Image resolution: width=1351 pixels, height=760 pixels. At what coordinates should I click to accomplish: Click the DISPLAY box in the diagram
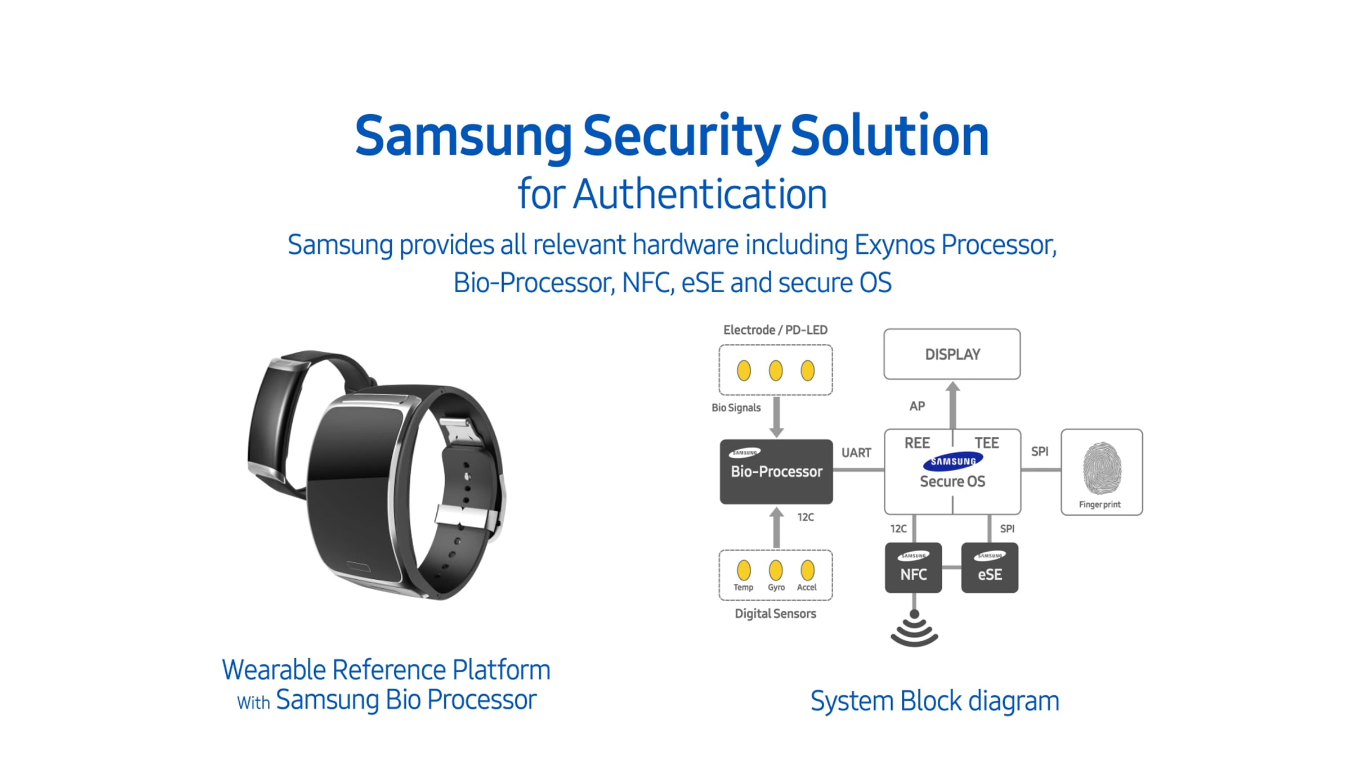(x=952, y=354)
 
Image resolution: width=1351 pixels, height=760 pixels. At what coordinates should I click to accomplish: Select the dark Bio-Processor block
(x=776, y=471)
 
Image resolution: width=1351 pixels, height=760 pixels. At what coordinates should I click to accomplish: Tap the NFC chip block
(x=913, y=568)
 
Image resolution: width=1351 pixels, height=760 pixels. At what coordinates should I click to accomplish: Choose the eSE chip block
(x=990, y=568)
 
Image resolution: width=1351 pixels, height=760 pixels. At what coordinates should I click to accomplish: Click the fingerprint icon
(x=1102, y=468)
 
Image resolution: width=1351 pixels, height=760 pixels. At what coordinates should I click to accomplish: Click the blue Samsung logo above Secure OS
(x=952, y=461)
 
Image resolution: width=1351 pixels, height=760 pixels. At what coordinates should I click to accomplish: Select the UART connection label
(x=856, y=453)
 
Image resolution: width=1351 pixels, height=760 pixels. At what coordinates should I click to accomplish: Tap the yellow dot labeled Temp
(x=744, y=570)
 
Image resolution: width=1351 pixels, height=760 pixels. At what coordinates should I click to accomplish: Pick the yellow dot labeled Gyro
(x=776, y=570)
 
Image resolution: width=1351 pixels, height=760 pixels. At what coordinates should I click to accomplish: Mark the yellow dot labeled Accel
(x=807, y=570)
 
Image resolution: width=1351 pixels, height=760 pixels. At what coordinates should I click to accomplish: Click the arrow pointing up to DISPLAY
(x=952, y=404)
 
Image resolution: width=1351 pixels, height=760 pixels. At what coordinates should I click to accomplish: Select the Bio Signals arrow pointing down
(x=776, y=417)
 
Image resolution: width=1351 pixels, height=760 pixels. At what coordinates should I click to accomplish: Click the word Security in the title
(x=681, y=136)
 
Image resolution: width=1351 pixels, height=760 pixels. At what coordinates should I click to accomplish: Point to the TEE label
(x=987, y=443)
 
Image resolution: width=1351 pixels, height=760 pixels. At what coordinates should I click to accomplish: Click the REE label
(x=917, y=443)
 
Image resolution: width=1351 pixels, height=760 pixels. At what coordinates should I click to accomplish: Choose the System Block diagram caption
(x=934, y=701)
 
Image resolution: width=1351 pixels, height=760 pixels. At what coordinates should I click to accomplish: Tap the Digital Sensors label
(x=775, y=614)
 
